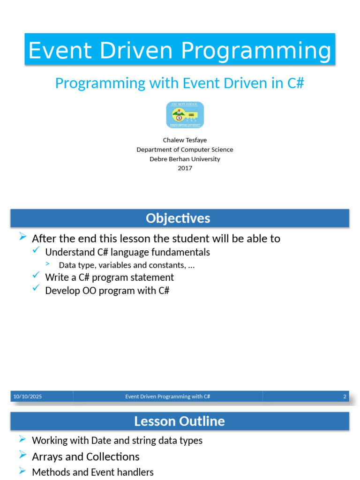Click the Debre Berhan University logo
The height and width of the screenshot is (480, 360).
tap(185, 115)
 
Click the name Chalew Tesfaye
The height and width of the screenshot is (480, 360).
tap(185, 140)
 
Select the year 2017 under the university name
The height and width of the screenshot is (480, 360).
tap(185, 168)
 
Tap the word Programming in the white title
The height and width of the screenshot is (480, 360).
tap(256, 51)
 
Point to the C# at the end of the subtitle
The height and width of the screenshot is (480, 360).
tap(296, 83)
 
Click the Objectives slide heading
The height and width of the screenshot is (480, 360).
tap(178, 218)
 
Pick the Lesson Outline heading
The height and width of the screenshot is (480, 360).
tap(180, 421)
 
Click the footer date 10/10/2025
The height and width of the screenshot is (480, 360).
tap(28, 397)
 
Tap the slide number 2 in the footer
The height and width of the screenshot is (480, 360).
tap(345, 397)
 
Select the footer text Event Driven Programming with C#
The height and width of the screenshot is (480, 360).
tap(167, 397)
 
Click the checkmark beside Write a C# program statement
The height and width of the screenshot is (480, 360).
tap(36, 275)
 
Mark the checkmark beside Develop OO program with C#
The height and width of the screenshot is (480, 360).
tap(36, 288)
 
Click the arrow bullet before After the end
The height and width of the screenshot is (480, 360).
tap(22, 236)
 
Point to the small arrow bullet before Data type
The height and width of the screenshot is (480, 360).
tap(47, 263)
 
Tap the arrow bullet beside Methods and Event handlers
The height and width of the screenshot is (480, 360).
tap(22, 470)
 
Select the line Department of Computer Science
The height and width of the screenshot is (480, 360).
tap(185, 150)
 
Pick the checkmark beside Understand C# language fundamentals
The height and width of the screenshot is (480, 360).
tap(36, 250)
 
